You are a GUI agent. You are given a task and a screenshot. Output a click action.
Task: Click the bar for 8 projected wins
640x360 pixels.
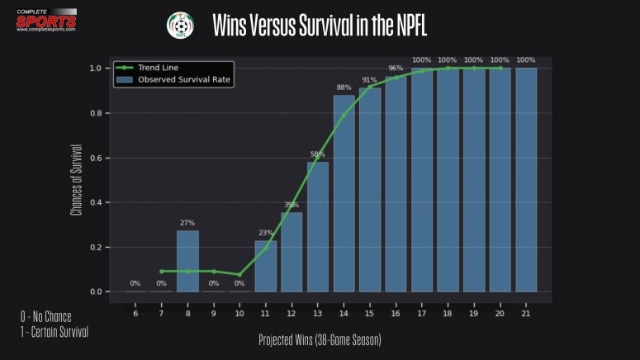187,261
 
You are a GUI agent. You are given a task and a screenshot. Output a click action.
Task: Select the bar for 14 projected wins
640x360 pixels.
344,194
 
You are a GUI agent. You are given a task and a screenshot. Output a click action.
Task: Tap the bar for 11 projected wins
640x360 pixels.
266,266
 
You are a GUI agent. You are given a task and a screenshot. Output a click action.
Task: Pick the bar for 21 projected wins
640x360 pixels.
526,180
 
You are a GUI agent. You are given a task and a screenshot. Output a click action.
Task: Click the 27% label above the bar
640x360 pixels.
187,223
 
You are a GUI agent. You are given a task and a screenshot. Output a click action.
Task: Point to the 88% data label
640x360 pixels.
344,88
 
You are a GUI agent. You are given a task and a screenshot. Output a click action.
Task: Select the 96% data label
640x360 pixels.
396,69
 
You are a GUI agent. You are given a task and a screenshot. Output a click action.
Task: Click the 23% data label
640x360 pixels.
266,233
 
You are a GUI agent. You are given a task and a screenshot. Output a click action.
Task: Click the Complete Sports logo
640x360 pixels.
46,18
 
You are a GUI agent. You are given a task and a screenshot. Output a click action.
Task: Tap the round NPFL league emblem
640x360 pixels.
178,25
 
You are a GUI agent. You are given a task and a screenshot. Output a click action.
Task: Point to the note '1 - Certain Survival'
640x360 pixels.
55,332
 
